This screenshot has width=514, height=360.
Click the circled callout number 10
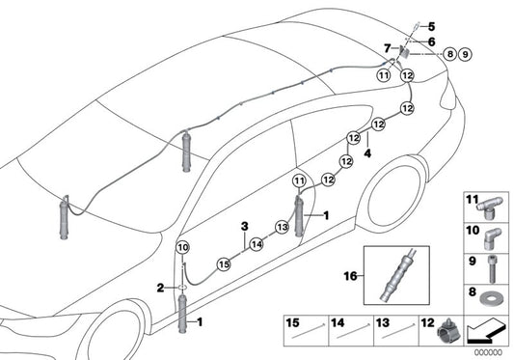coord(182,248)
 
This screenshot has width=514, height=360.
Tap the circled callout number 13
coord(282,227)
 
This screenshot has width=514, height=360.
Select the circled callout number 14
coord(257,244)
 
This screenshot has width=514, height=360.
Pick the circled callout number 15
coord(224,264)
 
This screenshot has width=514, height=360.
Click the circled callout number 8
coord(450,53)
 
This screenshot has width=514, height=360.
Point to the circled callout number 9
coord(465,54)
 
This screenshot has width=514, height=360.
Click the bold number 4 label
coord(367,152)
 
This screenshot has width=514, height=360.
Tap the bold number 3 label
coord(245,226)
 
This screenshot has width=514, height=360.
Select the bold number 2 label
coord(160,289)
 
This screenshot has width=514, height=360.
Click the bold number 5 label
coord(431,26)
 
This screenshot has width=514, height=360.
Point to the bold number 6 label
coord(431,42)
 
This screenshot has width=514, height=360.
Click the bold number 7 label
coord(388,48)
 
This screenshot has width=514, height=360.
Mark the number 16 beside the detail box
coord(350,276)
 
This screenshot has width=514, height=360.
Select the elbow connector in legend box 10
coord(491,239)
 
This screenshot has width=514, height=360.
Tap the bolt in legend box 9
coord(492,269)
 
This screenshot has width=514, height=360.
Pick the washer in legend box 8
coord(490,299)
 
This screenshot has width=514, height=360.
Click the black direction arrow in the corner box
coord(485,332)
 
